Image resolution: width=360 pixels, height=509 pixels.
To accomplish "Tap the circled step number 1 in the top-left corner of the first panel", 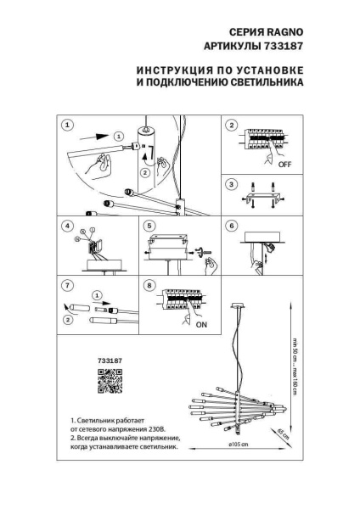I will coord(67,125).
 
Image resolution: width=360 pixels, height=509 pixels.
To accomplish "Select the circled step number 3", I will coord(231,184).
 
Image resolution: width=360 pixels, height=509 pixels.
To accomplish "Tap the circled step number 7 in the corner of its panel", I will coord(67,286).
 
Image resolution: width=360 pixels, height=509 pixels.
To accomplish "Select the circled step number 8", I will coord(149,286).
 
